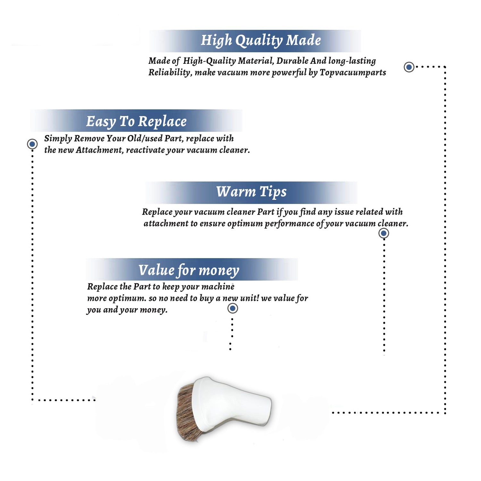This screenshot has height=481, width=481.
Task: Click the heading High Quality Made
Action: pos(261,41)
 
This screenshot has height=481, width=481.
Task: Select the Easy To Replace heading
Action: pos(136,122)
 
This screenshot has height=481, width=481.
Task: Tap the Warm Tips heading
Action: pos(251,192)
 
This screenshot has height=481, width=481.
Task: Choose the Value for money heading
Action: pos(189,271)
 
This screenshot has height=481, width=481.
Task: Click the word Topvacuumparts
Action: pos(353,72)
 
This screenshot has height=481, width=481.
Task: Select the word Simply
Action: pos(58,139)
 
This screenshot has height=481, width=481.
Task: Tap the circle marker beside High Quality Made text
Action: pos(409,67)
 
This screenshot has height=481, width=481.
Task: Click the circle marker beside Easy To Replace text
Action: pos(32,144)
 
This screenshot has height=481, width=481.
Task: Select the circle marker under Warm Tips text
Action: pos(384,233)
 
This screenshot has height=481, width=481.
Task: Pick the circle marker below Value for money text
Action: pos(232,308)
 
